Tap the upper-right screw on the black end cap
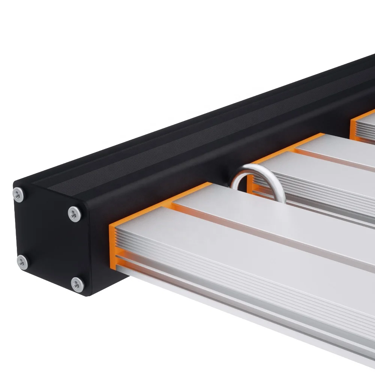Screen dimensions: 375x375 point(74,214)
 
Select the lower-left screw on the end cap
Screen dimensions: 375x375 point(22,262)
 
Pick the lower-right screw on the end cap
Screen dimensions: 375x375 point(77,285)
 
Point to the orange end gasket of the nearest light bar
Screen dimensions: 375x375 point(112,244)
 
